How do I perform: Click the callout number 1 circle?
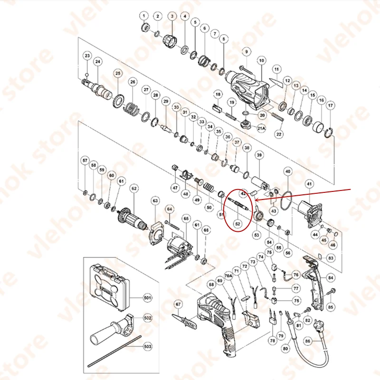[x=144, y=17]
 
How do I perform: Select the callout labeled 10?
[x=261, y=60]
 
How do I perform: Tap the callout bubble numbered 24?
[x=97, y=61]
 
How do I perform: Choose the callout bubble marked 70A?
[x=228, y=275]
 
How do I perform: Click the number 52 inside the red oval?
[x=237, y=222]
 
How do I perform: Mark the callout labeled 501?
[x=147, y=298]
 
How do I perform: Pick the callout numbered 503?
[x=147, y=347]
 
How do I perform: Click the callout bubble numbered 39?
[x=259, y=155]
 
